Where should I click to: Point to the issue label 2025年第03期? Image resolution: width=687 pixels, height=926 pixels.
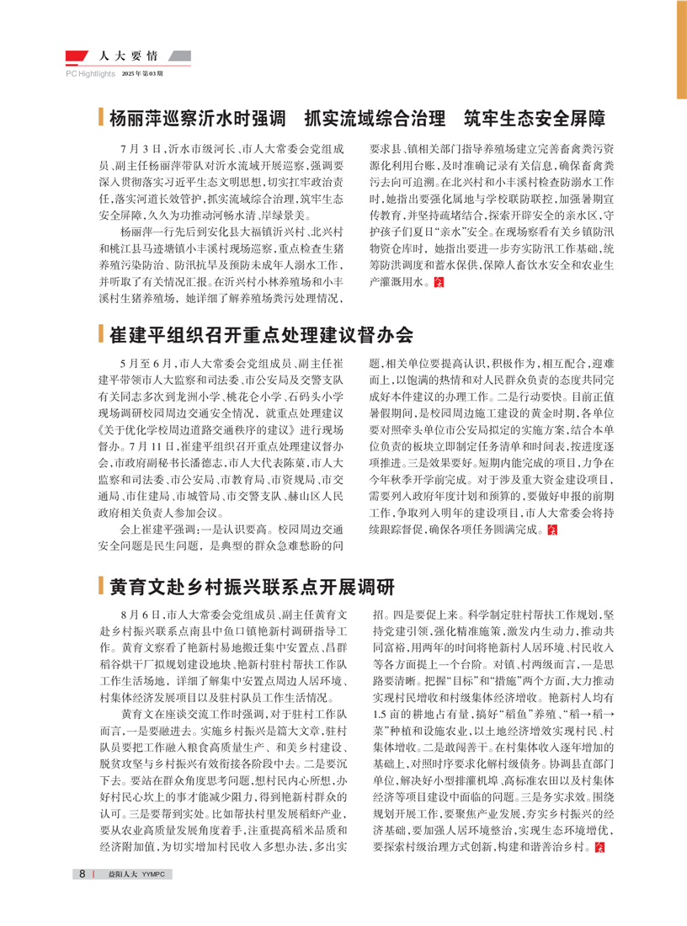click(x=142, y=74)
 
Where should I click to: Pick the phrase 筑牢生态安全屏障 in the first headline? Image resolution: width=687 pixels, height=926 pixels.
click(x=529, y=117)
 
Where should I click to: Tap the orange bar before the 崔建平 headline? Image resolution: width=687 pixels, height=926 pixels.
click(x=100, y=335)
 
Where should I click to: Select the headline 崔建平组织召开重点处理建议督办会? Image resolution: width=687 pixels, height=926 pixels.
click(x=261, y=335)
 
